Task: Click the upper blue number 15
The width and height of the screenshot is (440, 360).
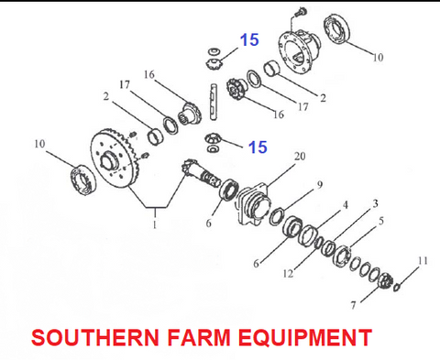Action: click(x=249, y=39)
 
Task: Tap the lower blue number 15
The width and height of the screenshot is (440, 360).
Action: click(x=258, y=147)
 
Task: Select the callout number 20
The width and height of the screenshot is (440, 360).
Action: click(x=300, y=157)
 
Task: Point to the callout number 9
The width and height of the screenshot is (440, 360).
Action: click(x=319, y=185)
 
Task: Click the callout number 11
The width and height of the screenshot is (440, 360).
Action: click(x=423, y=261)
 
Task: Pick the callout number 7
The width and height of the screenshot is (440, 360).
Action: click(x=354, y=305)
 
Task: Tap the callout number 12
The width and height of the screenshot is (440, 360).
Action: click(x=288, y=274)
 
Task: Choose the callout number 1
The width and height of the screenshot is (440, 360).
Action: click(x=155, y=224)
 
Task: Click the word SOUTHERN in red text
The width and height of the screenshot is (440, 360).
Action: click(x=95, y=337)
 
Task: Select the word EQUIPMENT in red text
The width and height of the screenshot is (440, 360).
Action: click(x=305, y=337)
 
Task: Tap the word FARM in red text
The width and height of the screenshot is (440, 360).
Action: click(x=199, y=337)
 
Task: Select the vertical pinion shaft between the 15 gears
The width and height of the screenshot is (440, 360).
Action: click(x=213, y=102)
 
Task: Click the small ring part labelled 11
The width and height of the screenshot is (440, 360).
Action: click(x=396, y=287)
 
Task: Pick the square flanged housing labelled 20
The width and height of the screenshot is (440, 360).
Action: click(x=253, y=203)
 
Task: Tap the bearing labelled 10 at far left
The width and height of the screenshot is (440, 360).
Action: click(x=82, y=180)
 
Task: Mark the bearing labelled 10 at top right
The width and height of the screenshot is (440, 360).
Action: click(x=336, y=29)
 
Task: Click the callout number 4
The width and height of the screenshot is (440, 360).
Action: click(x=346, y=205)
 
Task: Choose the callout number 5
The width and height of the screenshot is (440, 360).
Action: click(x=381, y=221)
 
